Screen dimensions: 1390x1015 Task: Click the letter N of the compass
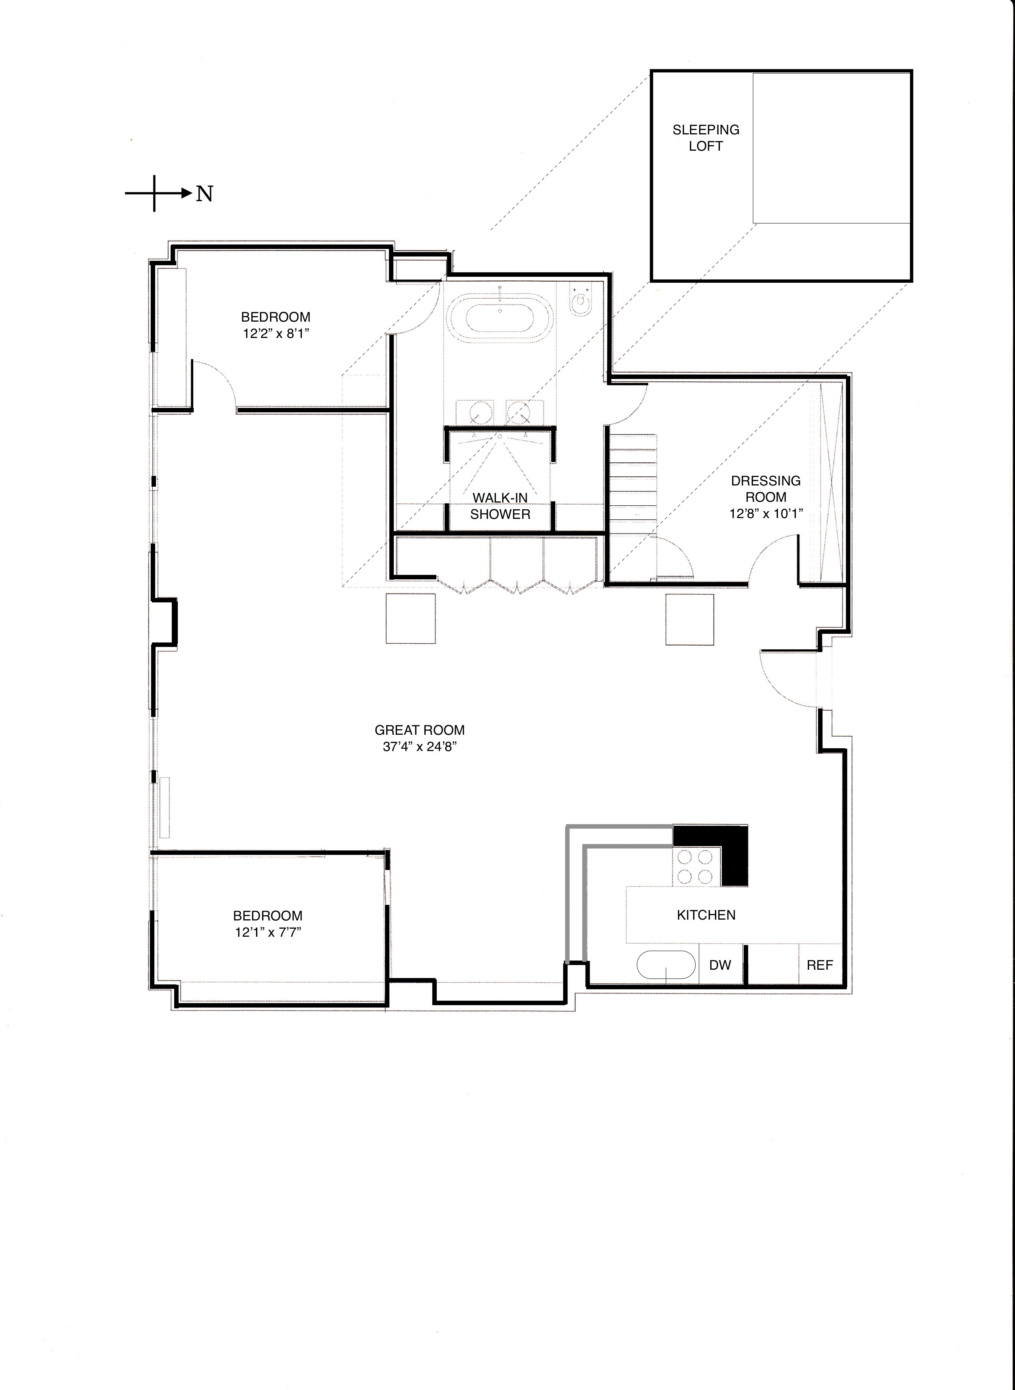[204, 194]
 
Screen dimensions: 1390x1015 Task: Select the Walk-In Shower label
[500, 505]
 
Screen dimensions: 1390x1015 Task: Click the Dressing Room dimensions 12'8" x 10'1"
[766, 513]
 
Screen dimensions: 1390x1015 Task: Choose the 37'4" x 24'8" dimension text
[420, 747]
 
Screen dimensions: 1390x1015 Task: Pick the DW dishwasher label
[720, 965]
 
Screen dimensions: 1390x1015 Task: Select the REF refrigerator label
[820, 965]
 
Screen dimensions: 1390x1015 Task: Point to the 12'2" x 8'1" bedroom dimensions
[275, 334]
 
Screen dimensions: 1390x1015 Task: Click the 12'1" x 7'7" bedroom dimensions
[268, 932]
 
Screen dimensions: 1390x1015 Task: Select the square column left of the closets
[410, 619]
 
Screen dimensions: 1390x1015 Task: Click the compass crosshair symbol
[154, 194]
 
